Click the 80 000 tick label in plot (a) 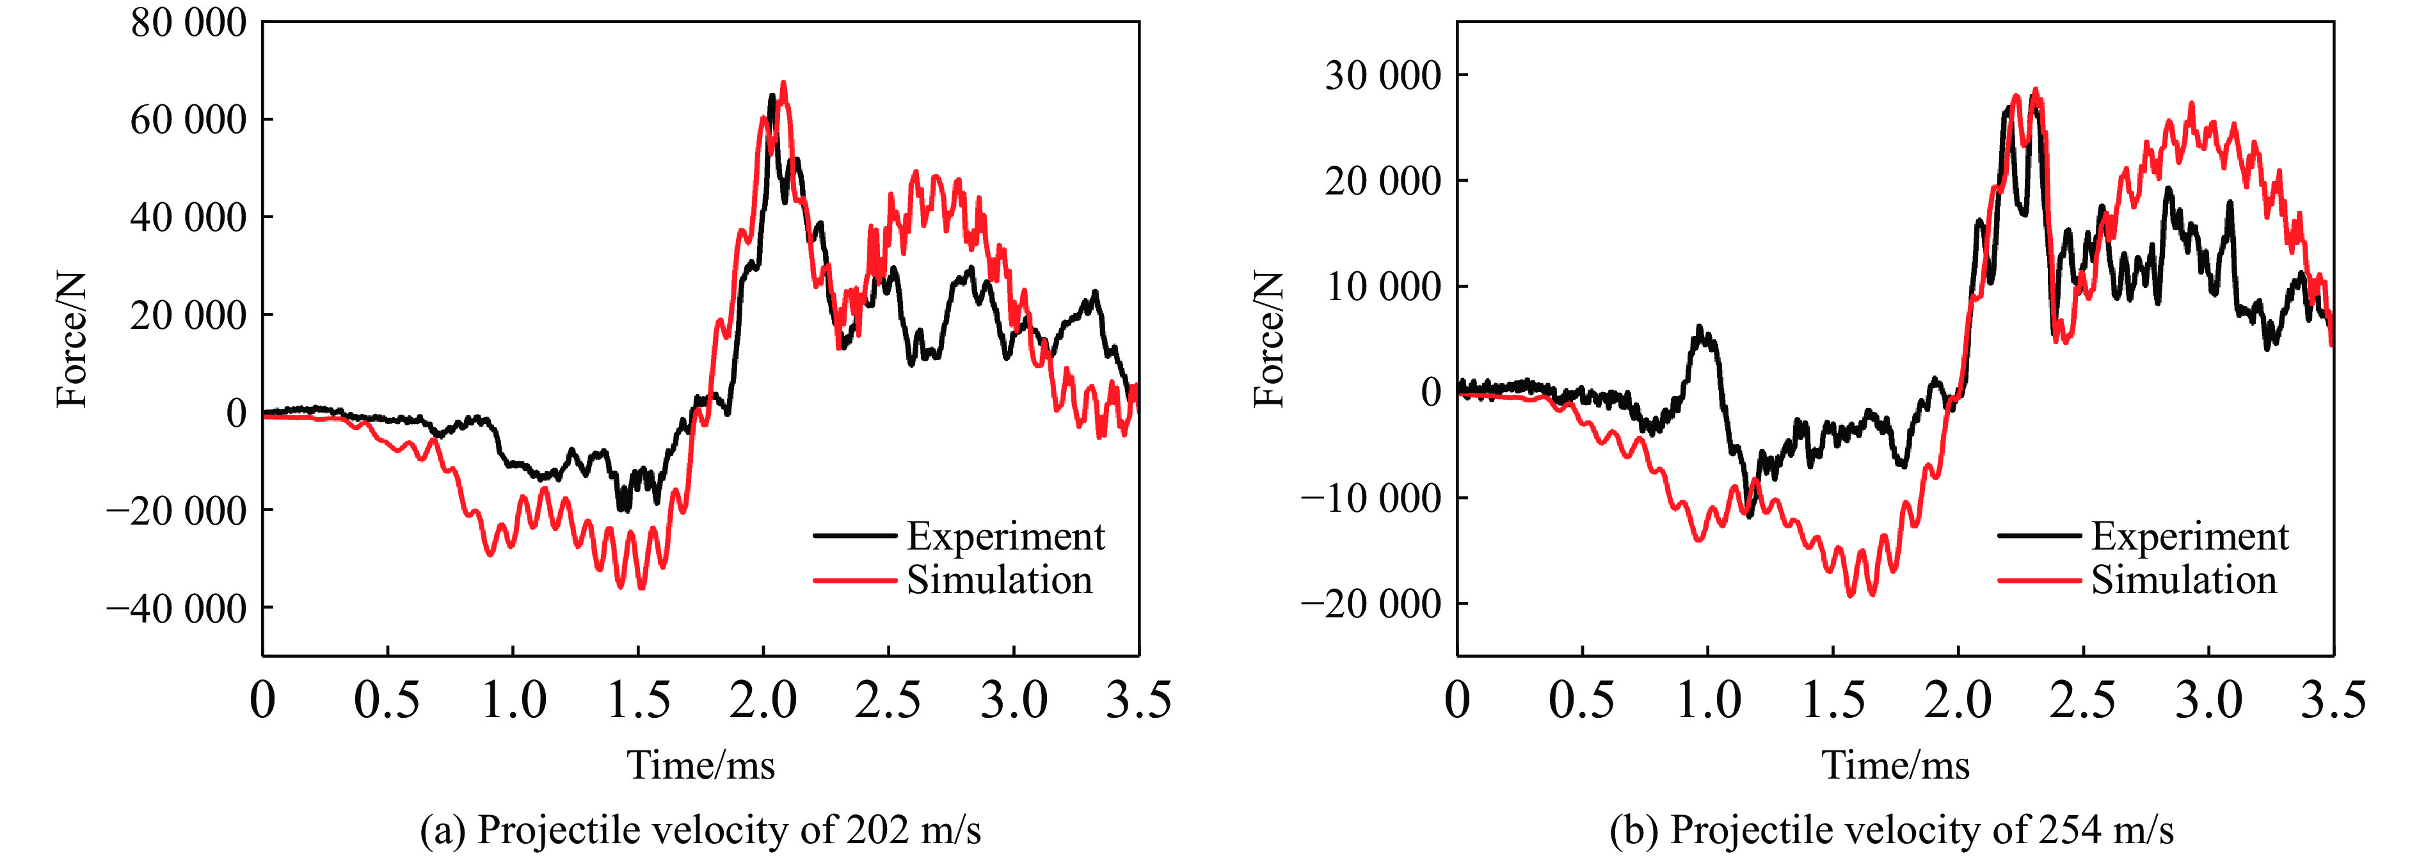pos(188,24)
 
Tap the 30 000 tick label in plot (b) pos(1382,75)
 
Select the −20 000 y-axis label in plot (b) pos(1370,603)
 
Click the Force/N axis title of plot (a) pos(72,340)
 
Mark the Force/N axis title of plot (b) pos(1268,340)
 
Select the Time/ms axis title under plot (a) pos(701,766)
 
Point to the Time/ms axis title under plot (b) pos(1895,766)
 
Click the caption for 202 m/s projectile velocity pos(701,830)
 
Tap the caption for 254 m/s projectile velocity pos(1891,830)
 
